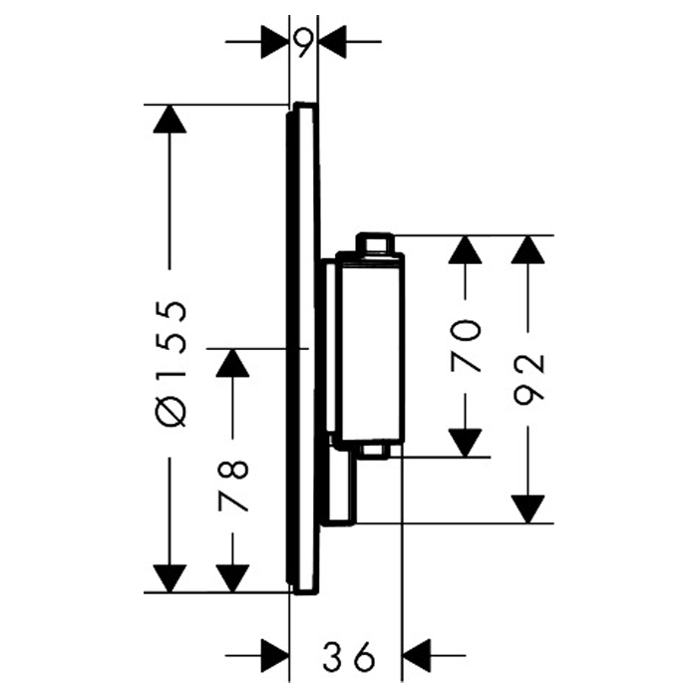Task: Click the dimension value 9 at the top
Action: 304,42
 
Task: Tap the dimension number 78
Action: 232,486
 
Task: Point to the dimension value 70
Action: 466,345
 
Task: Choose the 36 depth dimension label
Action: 346,656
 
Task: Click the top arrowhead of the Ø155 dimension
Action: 171,119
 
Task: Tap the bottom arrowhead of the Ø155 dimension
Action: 171,577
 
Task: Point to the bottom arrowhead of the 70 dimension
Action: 466,442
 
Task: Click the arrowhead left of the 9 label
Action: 274,42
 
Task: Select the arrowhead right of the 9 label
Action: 332,42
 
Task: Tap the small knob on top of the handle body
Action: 377,242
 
